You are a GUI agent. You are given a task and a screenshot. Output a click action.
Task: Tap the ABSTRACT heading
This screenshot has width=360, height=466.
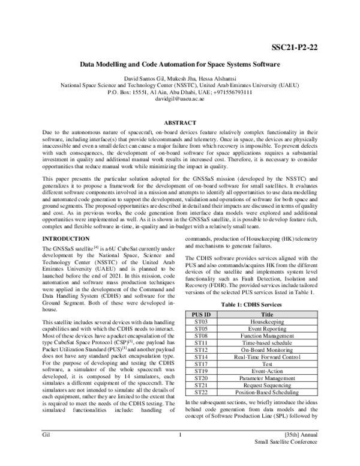coord(179,122)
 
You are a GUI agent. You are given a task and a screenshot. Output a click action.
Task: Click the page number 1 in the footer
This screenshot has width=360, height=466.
coord(179,450)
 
